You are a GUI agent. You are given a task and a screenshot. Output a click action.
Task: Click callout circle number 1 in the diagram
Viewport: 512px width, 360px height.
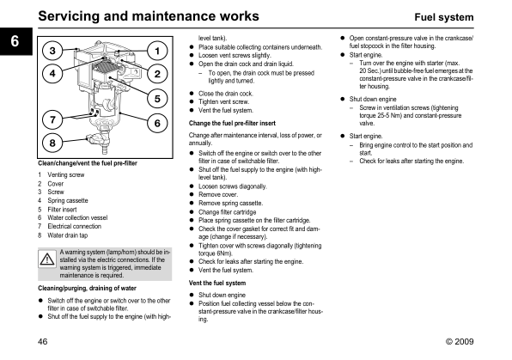click(x=157, y=51)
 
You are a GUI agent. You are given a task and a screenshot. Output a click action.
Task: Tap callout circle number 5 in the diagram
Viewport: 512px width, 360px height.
click(x=157, y=99)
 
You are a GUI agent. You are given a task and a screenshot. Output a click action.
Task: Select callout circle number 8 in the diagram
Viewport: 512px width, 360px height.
click(x=52, y=143)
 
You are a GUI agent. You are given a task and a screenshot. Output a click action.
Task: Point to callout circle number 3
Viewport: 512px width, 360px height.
click(x=52, y=51)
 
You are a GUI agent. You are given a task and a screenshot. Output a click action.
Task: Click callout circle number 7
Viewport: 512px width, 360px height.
click(x=52, y=119)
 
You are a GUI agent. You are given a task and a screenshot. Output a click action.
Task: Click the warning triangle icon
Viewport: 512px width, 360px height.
click(x=47, y=259)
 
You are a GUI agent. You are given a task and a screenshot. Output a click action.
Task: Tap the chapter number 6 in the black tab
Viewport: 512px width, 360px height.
click(x=15, y=41)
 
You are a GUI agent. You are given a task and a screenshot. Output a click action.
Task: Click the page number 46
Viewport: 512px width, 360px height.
click(x=43, y=341)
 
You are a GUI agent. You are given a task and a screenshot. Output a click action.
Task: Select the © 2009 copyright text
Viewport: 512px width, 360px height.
click(x=460, y=341)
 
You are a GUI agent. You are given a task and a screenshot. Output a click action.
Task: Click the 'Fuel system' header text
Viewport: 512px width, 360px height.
click(x=444, y=17)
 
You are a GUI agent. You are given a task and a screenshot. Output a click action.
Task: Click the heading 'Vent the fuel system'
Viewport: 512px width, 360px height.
click(x=217, y=283)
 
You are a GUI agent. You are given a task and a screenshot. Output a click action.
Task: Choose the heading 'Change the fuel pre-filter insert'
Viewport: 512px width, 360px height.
click(x=232, y=123)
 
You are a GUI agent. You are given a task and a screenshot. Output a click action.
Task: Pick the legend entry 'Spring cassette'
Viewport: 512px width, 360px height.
click(x=68, y=200)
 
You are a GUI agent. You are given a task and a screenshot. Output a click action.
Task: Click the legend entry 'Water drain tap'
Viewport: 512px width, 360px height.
click(x=68, y=235)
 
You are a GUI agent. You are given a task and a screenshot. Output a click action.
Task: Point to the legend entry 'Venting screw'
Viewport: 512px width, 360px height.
click(x=66, y=174)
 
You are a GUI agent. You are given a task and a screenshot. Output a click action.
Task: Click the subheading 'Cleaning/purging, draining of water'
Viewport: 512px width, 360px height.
click(x=87, y=288)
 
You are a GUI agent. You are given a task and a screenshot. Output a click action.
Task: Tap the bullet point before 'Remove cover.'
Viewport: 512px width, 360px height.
click(x=192, y=195)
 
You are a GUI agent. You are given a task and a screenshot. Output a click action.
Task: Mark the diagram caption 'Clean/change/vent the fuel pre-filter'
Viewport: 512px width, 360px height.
click(x=88, y=163)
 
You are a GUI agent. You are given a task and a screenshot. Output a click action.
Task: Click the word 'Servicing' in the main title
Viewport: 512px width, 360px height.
click(x=68, y=16)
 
